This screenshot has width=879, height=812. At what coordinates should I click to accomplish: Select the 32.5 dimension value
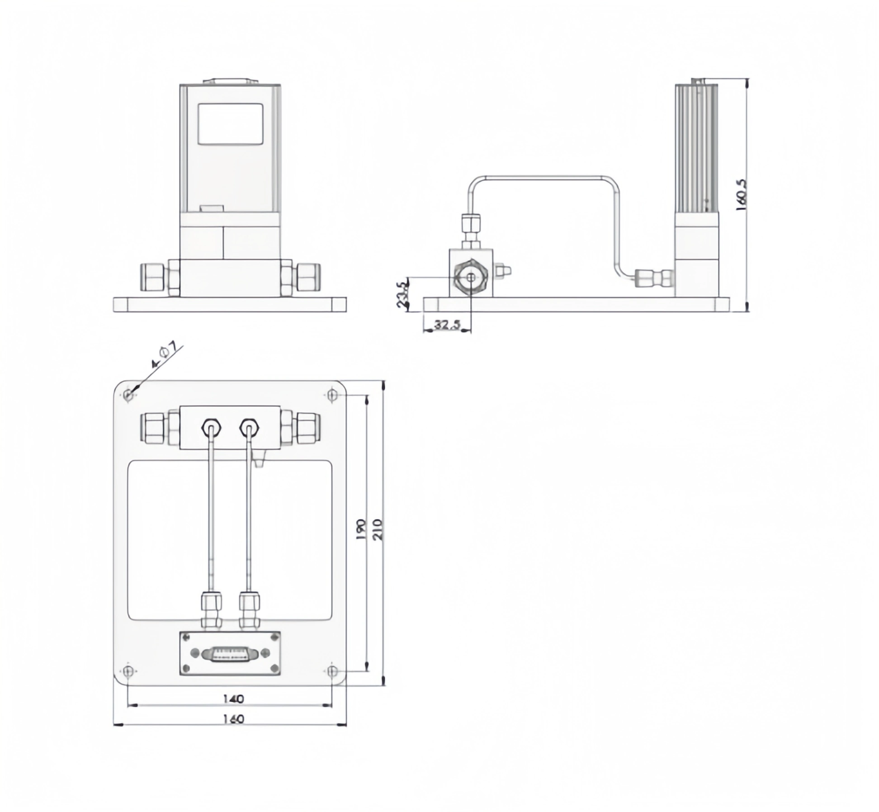click(447, 325)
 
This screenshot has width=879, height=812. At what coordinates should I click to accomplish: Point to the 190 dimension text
click(360, 529)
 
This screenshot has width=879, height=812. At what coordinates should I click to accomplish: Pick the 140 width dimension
click(233, 699)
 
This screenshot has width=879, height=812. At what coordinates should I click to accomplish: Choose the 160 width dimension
click(233, 719)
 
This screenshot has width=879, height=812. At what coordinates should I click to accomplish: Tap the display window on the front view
click(231, 124)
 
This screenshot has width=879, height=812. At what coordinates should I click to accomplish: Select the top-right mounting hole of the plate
click(332, 395)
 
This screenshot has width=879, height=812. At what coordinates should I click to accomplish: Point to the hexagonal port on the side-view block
click(471, 278)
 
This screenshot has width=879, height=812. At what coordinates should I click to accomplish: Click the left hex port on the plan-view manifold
click(211, 426)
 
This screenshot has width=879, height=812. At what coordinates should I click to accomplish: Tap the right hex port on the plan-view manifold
click(249, 426)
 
